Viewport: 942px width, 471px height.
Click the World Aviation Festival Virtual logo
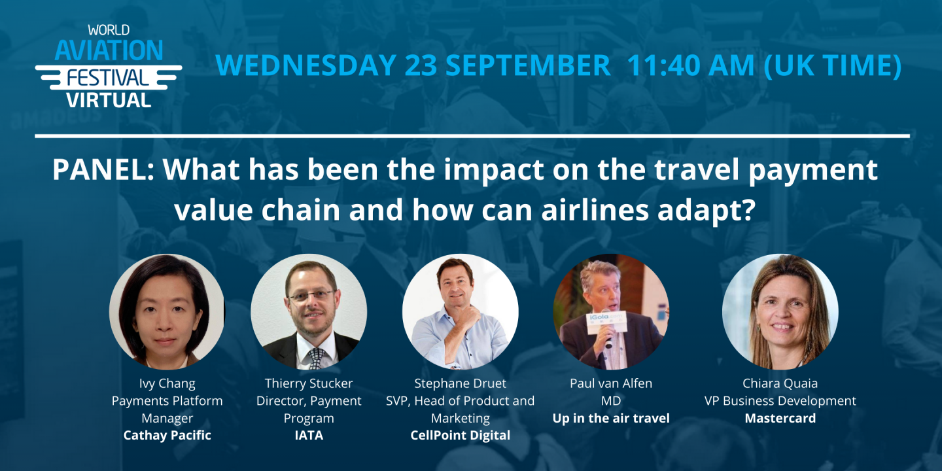109,66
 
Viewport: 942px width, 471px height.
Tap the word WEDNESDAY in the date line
305,65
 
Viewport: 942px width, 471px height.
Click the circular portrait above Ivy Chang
167,312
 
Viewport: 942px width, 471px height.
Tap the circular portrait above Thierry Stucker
309,312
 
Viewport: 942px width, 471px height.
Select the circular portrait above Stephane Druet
460,312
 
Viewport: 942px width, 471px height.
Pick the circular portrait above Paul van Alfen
611,312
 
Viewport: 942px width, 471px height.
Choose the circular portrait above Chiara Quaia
780,312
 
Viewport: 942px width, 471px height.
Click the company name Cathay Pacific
167,435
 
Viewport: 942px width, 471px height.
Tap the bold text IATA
309,435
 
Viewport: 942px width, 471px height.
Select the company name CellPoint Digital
460,435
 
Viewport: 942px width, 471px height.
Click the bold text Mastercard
780,418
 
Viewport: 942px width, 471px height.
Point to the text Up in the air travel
611,418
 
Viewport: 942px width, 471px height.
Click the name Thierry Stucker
309,383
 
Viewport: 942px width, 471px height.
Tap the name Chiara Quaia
780,383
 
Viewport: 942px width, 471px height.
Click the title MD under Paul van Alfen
611,400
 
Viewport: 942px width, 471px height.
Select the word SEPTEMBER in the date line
508,65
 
